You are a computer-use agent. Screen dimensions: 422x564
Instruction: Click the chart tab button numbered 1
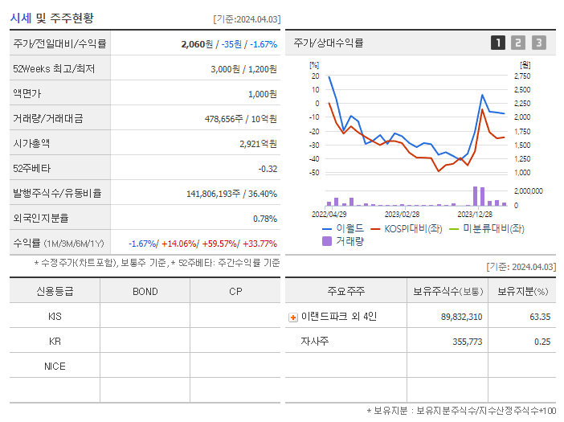coord(498,43)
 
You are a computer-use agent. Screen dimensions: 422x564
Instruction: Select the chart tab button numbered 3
coord(538,43)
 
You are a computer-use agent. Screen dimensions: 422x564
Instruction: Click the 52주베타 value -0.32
coord(267,168)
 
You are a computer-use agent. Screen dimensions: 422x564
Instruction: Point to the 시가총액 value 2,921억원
coord(258,143)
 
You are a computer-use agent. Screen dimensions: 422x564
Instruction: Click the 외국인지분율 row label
coord(41,218)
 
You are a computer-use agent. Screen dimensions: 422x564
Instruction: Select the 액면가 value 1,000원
coord(262,93)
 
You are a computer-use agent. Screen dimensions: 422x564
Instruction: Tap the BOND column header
coord(145,291)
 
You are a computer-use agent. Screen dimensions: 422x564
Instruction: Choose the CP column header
coord(235,291)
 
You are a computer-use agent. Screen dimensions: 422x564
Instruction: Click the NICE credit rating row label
coord(55,367)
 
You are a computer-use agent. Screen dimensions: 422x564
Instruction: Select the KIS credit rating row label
coord(55,317)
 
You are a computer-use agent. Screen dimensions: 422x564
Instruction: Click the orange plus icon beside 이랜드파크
coord(292,318)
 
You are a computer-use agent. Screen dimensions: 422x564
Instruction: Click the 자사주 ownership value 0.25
coord(542,342)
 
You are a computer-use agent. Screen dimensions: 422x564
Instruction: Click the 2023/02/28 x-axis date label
coord(402,214)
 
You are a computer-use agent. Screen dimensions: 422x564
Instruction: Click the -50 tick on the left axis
coord(314,172)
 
